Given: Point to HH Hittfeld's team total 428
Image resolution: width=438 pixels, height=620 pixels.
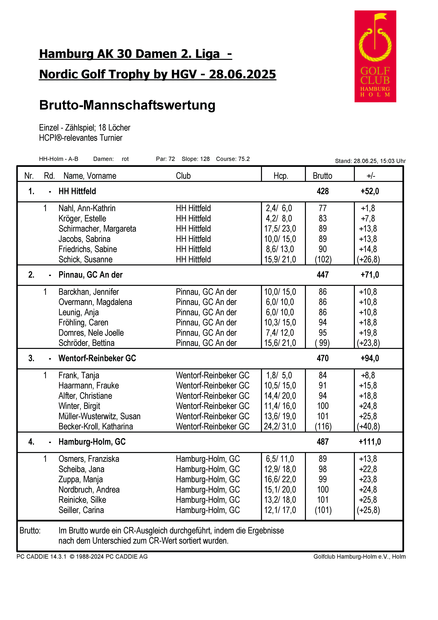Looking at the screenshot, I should tap(322, 191).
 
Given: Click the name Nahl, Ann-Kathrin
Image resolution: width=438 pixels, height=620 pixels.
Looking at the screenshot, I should tap(87, 208).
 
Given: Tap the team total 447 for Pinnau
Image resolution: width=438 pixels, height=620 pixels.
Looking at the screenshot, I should tap(322, 275).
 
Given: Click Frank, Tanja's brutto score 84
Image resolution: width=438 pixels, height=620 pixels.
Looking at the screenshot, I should tap(322, 375).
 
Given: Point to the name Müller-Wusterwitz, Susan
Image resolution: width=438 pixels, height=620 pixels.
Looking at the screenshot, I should tap(99, 416).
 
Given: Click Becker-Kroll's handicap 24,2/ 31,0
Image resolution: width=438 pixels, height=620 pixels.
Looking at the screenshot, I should tap(280, 426).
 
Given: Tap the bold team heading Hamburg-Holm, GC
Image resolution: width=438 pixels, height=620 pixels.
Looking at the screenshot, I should tap(92, 441).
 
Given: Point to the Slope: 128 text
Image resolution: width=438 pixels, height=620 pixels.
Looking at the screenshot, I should tap(196, 159).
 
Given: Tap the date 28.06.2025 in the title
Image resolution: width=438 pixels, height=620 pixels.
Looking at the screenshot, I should tap(242, 74).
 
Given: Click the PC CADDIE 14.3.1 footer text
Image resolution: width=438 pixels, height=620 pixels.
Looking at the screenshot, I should tap(41, 557).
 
